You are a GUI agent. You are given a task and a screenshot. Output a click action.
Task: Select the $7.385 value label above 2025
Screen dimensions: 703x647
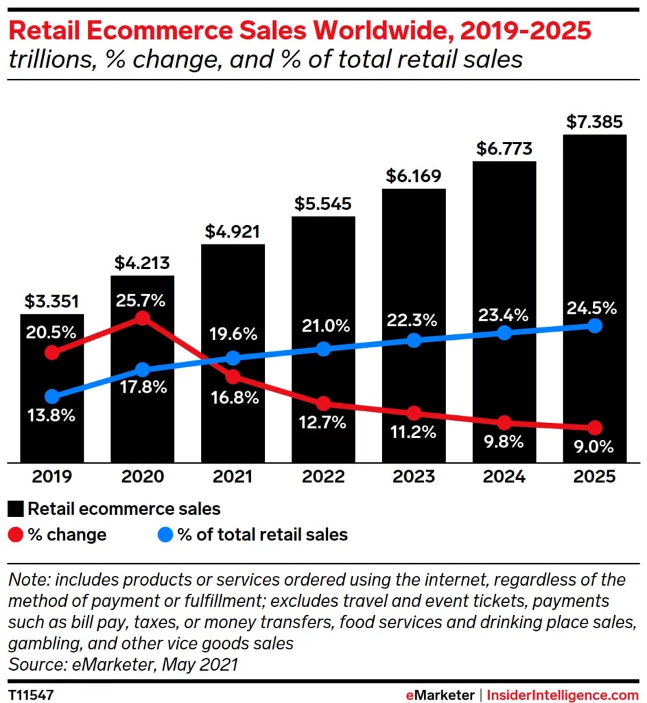tap(594, 122)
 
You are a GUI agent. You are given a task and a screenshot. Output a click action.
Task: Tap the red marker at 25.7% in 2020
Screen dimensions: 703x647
tap(142, 318)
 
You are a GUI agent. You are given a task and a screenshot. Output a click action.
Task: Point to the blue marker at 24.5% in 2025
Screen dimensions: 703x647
tap(595, 325)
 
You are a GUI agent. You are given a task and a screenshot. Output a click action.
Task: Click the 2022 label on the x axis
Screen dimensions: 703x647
tap(323, 476)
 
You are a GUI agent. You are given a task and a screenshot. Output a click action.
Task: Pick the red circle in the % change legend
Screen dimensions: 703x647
tap(16, 534)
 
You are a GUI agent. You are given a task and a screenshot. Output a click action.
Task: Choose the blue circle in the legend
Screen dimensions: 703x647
tap(165, 534)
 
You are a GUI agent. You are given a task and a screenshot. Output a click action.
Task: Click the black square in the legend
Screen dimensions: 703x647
tap(16, 509)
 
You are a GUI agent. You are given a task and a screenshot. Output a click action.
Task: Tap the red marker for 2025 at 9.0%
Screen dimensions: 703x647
tap(595, 427)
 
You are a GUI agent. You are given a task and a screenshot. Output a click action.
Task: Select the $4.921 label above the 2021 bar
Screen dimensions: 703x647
tap(233, 231)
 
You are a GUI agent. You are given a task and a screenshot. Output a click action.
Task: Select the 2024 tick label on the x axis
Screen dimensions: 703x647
tap(504, 476)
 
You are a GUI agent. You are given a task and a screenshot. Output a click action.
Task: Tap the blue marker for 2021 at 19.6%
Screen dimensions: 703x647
tap(233, 358)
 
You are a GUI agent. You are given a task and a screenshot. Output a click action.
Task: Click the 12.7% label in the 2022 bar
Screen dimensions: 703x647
tap(322, 423)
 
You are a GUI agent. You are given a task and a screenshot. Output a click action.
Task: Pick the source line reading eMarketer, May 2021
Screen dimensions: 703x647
tap(123, 664)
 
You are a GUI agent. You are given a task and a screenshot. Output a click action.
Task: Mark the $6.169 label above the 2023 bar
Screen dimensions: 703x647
tap(413, 176)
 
